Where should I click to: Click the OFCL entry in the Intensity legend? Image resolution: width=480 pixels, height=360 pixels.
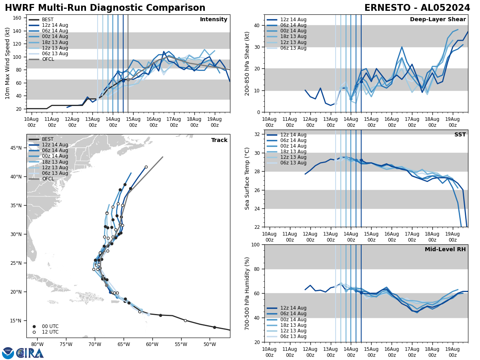[x=48, y=59]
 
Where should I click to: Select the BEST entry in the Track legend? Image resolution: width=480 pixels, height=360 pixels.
[x=48, y=139]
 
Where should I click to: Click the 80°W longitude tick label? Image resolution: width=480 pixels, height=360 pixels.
[x=37, y=344]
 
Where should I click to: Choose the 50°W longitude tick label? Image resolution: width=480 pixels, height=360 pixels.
[x=210, y=344]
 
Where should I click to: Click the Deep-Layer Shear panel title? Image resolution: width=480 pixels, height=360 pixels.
[x=438, y=20]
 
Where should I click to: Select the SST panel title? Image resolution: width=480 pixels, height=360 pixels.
[x=460, y=135]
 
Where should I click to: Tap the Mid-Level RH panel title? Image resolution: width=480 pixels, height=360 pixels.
[x=445, y=250]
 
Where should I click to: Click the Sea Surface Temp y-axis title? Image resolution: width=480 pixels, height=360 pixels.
[x=247, y=178]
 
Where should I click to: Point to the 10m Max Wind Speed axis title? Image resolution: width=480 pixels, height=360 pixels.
[x=8, y=63]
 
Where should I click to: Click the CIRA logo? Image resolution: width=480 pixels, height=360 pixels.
[x=30, y=353]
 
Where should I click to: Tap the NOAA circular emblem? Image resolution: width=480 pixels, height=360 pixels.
[x=8, y=353]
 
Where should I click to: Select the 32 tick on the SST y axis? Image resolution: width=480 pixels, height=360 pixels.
[x=257, y=134]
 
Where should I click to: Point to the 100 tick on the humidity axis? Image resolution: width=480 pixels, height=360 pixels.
[x=255, y=245]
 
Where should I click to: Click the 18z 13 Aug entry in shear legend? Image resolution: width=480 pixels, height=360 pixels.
[x=294, y=37]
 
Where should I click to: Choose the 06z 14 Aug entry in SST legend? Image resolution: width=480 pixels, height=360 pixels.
[x=294, y=140]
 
